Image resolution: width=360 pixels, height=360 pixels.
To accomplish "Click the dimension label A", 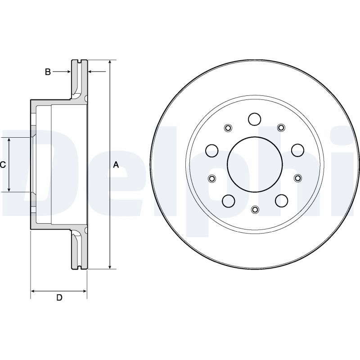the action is (x=116, y=165).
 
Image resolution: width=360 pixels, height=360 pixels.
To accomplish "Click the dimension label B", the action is (x=48, y=72).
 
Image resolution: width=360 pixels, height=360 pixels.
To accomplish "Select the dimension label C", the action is (x=3, y=165).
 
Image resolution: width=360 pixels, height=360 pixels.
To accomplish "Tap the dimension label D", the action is (x=59, y=297).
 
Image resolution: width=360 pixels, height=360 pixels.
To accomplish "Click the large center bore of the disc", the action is (x=255, y=164).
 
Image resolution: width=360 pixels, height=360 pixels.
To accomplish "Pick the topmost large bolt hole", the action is (x=255, y=119).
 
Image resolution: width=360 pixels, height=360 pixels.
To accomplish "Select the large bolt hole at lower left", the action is (x=229, y=200).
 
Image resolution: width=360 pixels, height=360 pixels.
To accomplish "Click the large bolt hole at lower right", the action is (x=282, y=200).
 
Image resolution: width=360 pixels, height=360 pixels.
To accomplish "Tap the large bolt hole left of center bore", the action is (x=211, y=150).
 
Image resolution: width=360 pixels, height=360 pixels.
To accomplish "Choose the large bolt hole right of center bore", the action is (x=298, y=150).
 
